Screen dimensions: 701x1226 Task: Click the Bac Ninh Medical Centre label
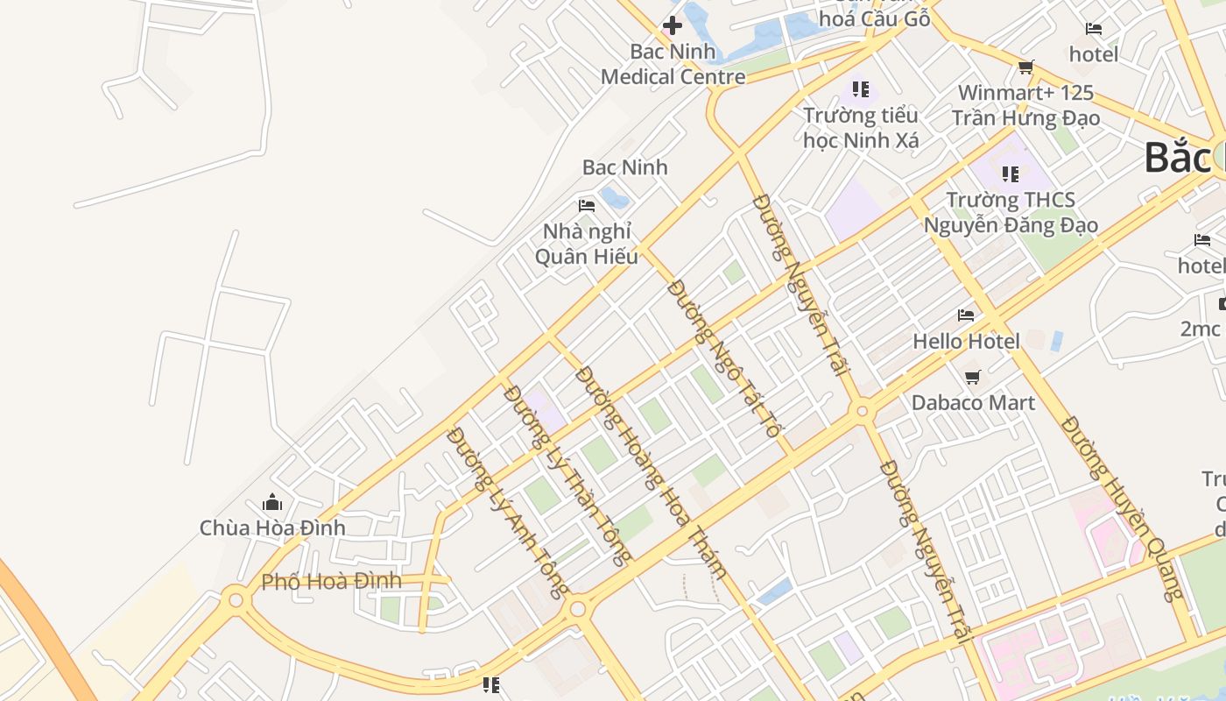(673, 64)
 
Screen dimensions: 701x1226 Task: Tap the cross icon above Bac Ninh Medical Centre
(673, 25)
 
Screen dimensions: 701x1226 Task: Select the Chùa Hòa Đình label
(272, 528)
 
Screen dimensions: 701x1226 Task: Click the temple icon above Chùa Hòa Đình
(272, 502)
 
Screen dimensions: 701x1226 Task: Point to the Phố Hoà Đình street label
(331, 581)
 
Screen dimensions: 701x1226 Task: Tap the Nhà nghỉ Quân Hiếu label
(586, 244)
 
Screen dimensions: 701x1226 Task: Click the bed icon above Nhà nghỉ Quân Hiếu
(587, 206)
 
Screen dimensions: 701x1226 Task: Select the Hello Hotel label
(966, 341)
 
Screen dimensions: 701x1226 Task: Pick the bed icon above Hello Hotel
(966, 315)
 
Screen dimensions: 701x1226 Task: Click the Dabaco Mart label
(973, 403)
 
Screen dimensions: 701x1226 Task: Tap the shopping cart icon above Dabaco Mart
(972, 377)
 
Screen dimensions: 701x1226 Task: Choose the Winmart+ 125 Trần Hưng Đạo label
(1025, 105)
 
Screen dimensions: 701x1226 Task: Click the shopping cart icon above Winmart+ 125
(1025, 67)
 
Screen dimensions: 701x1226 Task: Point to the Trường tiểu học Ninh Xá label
(861, 127)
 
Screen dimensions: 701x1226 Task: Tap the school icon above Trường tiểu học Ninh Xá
(861, 89)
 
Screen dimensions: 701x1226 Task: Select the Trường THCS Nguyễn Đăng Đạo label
(1011, 212)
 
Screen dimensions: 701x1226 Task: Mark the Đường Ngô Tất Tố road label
(723, 358)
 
